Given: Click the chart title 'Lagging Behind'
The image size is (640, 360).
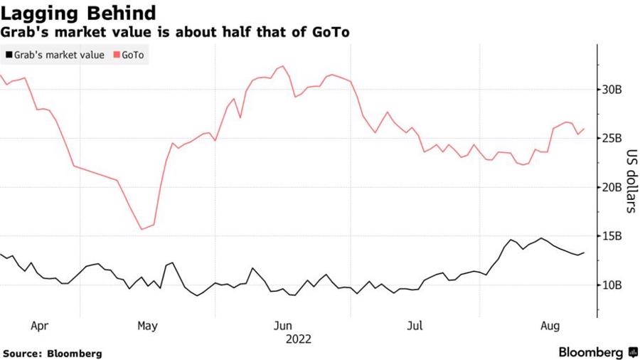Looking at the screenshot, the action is click(x=78, y=13).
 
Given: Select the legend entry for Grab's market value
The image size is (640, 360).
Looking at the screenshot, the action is click(x=55, y=55).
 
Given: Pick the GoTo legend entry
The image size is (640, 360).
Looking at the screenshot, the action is click(x=129, y=55).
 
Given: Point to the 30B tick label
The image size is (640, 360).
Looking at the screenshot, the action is click(x=612, y=90).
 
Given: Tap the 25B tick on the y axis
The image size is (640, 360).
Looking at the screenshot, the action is click(x=612, y=138).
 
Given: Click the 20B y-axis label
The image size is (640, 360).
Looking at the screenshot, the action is click(x=612, y=187).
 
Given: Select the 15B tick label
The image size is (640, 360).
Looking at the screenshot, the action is click(x=612, y=236).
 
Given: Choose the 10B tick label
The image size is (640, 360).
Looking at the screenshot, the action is click(x=612, y=285).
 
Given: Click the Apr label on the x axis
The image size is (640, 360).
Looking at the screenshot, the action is click(x=40, y=326).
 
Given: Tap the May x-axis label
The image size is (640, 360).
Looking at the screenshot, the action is click(x=147, y=326).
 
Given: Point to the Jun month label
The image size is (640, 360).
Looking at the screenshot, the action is click(x=283, y=326).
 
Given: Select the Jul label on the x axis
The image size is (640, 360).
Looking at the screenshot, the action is click(x=415, y=326).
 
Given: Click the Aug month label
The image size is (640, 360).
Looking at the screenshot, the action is click(x=550, y=326).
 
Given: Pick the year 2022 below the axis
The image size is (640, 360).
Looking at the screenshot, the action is click(x=299, y=339).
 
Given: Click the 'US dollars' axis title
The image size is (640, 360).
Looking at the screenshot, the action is click(x=631, y=181).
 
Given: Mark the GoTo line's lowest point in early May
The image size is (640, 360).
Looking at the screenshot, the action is click(x=142, y=229).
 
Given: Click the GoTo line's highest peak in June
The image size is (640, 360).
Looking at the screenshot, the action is click(x=283, y=66).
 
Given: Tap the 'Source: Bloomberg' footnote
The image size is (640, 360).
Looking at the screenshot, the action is click(x=52, y=354).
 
